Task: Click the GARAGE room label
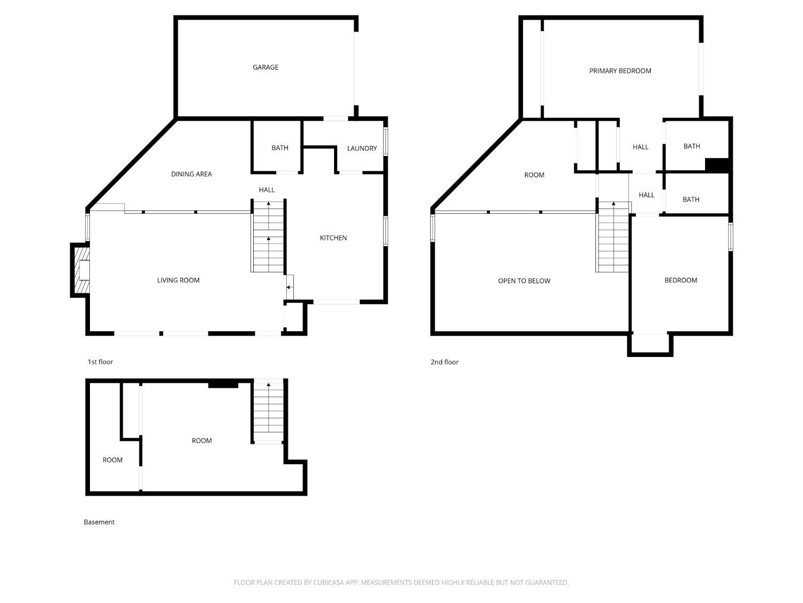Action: coord(265,68)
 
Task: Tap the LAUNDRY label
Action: coord(361,148)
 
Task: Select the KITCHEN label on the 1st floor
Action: coord(333,238)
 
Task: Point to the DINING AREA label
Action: coord(191,174)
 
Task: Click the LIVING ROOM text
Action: coord(178,280)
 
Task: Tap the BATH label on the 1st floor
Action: coord(279,148)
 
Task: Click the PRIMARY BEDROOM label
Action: coord(620,71)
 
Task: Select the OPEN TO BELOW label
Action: coord(524,281)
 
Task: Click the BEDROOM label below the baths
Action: coord(680,280)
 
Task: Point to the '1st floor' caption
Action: coord(100,362)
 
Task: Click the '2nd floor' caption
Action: coord(444,362)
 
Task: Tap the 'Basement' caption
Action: coord(99,522)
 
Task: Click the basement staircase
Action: coord(269,412)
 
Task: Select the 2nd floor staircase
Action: coord(613,237)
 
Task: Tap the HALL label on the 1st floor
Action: coord(266,190)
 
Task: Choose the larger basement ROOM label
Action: coord(202,441)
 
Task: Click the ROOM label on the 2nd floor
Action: coord(534,175)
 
